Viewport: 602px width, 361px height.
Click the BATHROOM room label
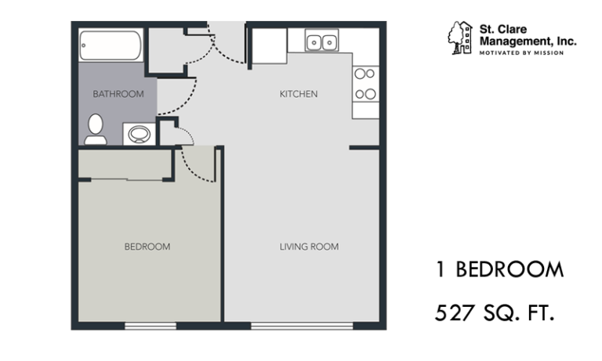click(x=118, y=94)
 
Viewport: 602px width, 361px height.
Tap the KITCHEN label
click(x=299, y=94)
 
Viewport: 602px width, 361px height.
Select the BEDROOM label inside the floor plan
click(x=147, y=247)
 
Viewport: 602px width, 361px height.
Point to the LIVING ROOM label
click(x=309, y=247)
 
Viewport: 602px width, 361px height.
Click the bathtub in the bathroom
click(x=111, y=45)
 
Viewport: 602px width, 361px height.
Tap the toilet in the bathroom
click(x=96, y=129)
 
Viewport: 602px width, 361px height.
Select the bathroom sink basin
click(x=139, y=134)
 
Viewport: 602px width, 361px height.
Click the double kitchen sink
click(x=321, y=40)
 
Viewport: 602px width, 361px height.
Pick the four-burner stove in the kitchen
click(x=365, y=84)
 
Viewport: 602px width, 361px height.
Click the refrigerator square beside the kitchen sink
click(x=270, y=46)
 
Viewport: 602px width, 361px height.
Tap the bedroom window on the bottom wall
click(x=150, y=326)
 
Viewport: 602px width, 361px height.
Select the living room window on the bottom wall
click(x=302, y=326)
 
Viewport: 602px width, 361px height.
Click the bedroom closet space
click(x=125, y=164)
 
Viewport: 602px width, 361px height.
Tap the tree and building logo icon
click(x=460, y=38)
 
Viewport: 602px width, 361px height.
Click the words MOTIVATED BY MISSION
click(x=521, y=53)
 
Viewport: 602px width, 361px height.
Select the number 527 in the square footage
click(x=455, y=312)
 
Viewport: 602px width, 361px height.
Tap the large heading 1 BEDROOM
click(x=499, y=269)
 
